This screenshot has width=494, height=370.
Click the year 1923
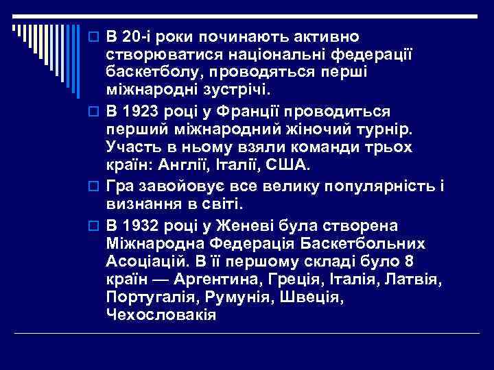click(x=139, y=111)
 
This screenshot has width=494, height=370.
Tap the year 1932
click(x=139, y=226)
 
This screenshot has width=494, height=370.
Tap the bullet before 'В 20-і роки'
click(x=97, y=36)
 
